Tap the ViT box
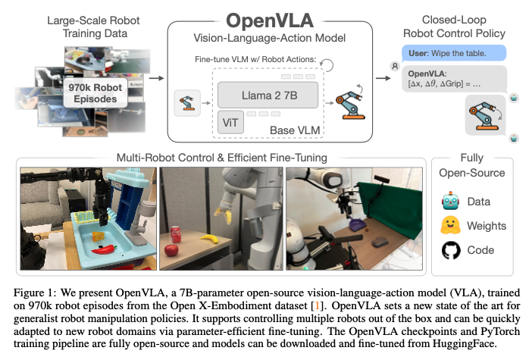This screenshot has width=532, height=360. point(229,123)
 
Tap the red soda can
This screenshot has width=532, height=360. point(175,233)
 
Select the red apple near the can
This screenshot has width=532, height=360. point(171,249)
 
